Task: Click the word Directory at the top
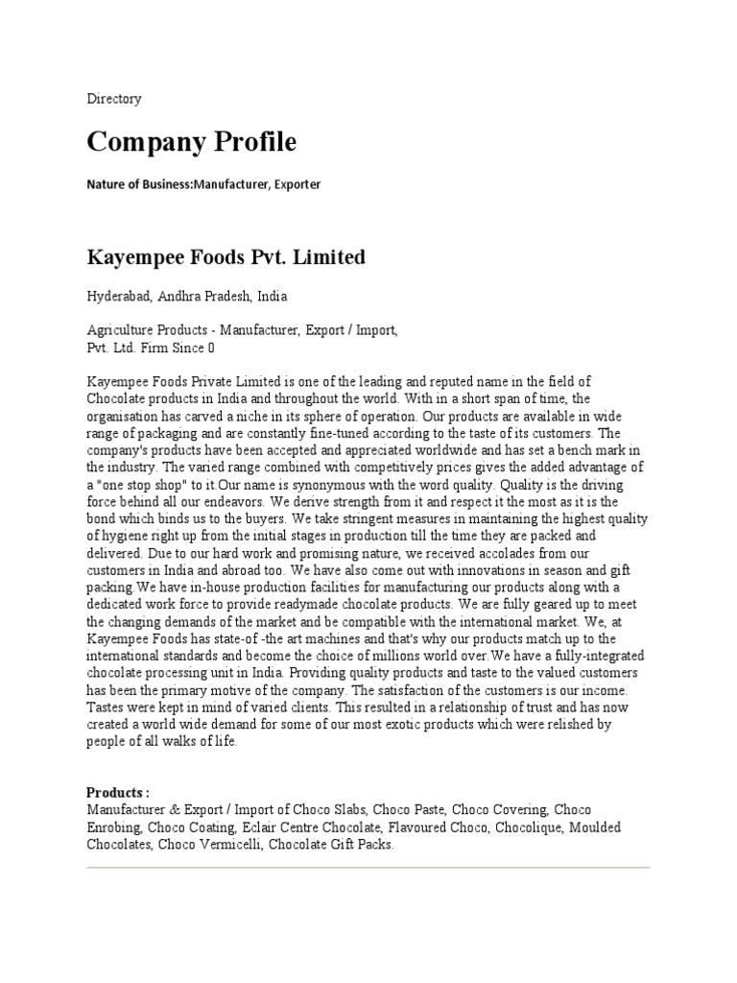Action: [x=114, y=99]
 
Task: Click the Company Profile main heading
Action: [x=192, y=143]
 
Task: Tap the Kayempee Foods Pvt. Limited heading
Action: [x=226, y=258]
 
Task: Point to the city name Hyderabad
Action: [x=119, y=297]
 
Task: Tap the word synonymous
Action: [x=324, y=485]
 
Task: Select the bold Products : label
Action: [x=118, y=793]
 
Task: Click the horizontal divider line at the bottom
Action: [x=368, y=868]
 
